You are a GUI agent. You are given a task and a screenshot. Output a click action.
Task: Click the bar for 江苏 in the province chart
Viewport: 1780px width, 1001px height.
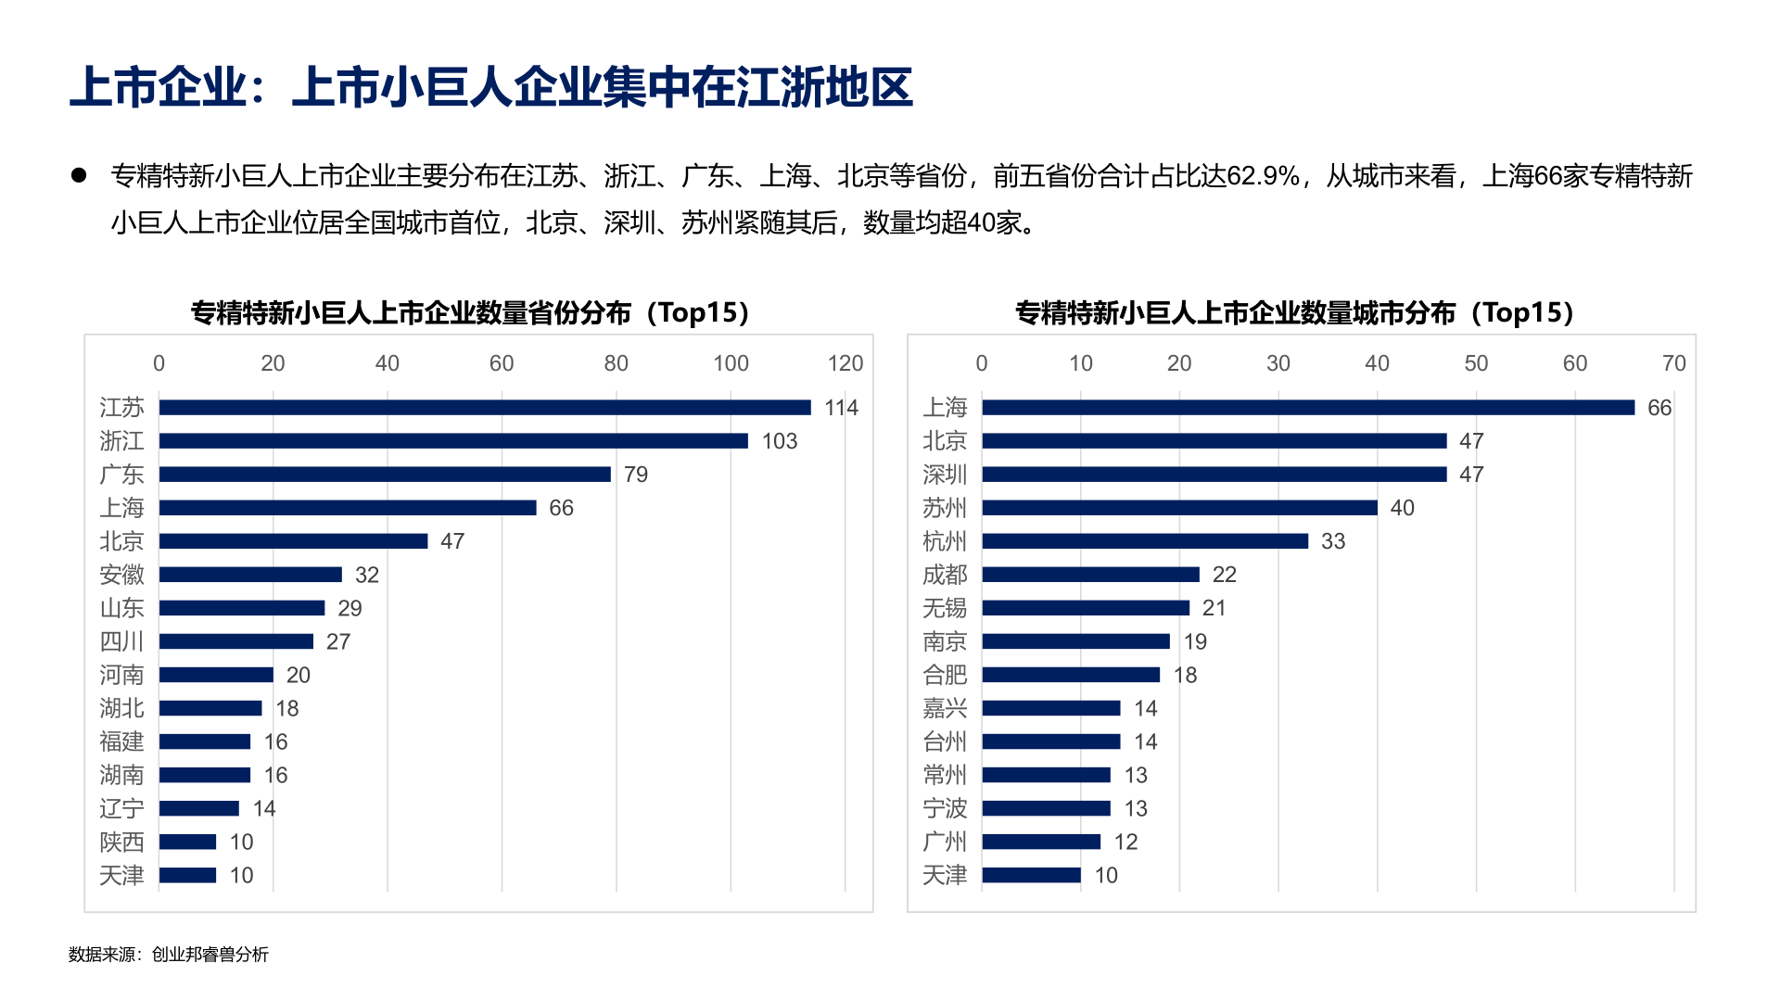(484, 408)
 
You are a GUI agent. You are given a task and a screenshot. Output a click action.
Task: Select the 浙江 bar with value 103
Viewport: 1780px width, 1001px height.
(452, 441)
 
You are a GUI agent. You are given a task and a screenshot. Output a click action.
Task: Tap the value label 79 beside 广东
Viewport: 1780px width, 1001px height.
(636, 475)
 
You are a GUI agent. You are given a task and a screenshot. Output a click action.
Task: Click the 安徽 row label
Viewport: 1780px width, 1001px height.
(121, 575)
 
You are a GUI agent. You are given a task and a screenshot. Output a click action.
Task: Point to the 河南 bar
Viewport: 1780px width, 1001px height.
(216, 675)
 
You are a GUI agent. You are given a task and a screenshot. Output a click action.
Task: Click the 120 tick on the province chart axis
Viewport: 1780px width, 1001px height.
(845, 363)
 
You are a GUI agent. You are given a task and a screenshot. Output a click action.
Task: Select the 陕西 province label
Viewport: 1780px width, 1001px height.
(121, 842)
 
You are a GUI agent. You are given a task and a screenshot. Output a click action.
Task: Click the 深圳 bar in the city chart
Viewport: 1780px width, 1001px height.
(1214, 475)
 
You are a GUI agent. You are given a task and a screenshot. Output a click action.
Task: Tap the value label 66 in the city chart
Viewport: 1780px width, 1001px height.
(1659, 408)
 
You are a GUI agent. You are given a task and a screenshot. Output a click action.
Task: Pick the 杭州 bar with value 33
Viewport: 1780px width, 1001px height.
(1145, 541)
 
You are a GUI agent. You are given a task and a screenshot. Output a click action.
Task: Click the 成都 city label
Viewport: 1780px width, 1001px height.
(945, 575)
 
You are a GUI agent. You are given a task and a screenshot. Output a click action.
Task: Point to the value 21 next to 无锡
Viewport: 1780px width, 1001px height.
(1214, 608)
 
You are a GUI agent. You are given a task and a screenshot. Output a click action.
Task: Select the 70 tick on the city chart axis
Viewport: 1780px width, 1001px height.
(1673, 363)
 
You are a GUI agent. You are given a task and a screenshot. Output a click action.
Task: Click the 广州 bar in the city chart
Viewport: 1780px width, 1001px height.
(1041, 842)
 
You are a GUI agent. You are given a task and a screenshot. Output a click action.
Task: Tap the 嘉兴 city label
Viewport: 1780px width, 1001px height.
(945, 708)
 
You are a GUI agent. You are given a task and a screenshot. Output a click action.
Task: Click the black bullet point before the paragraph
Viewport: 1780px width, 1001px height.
(79, 175)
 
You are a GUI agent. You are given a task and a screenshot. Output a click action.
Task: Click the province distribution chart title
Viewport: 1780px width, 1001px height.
(470, 312)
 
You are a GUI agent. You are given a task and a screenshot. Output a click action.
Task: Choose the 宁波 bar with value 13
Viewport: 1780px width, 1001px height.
(1046, 808)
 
